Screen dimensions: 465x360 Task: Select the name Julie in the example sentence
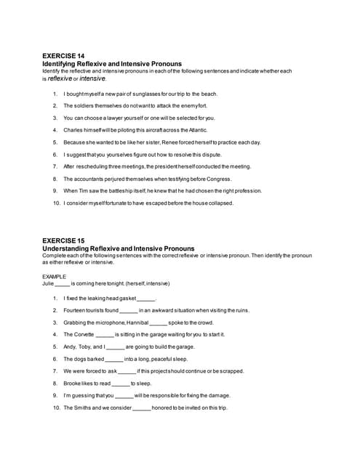(x=48, y=285)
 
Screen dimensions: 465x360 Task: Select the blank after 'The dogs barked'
(x=114, y=359)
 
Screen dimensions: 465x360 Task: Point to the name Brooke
(x=72, y=383)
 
